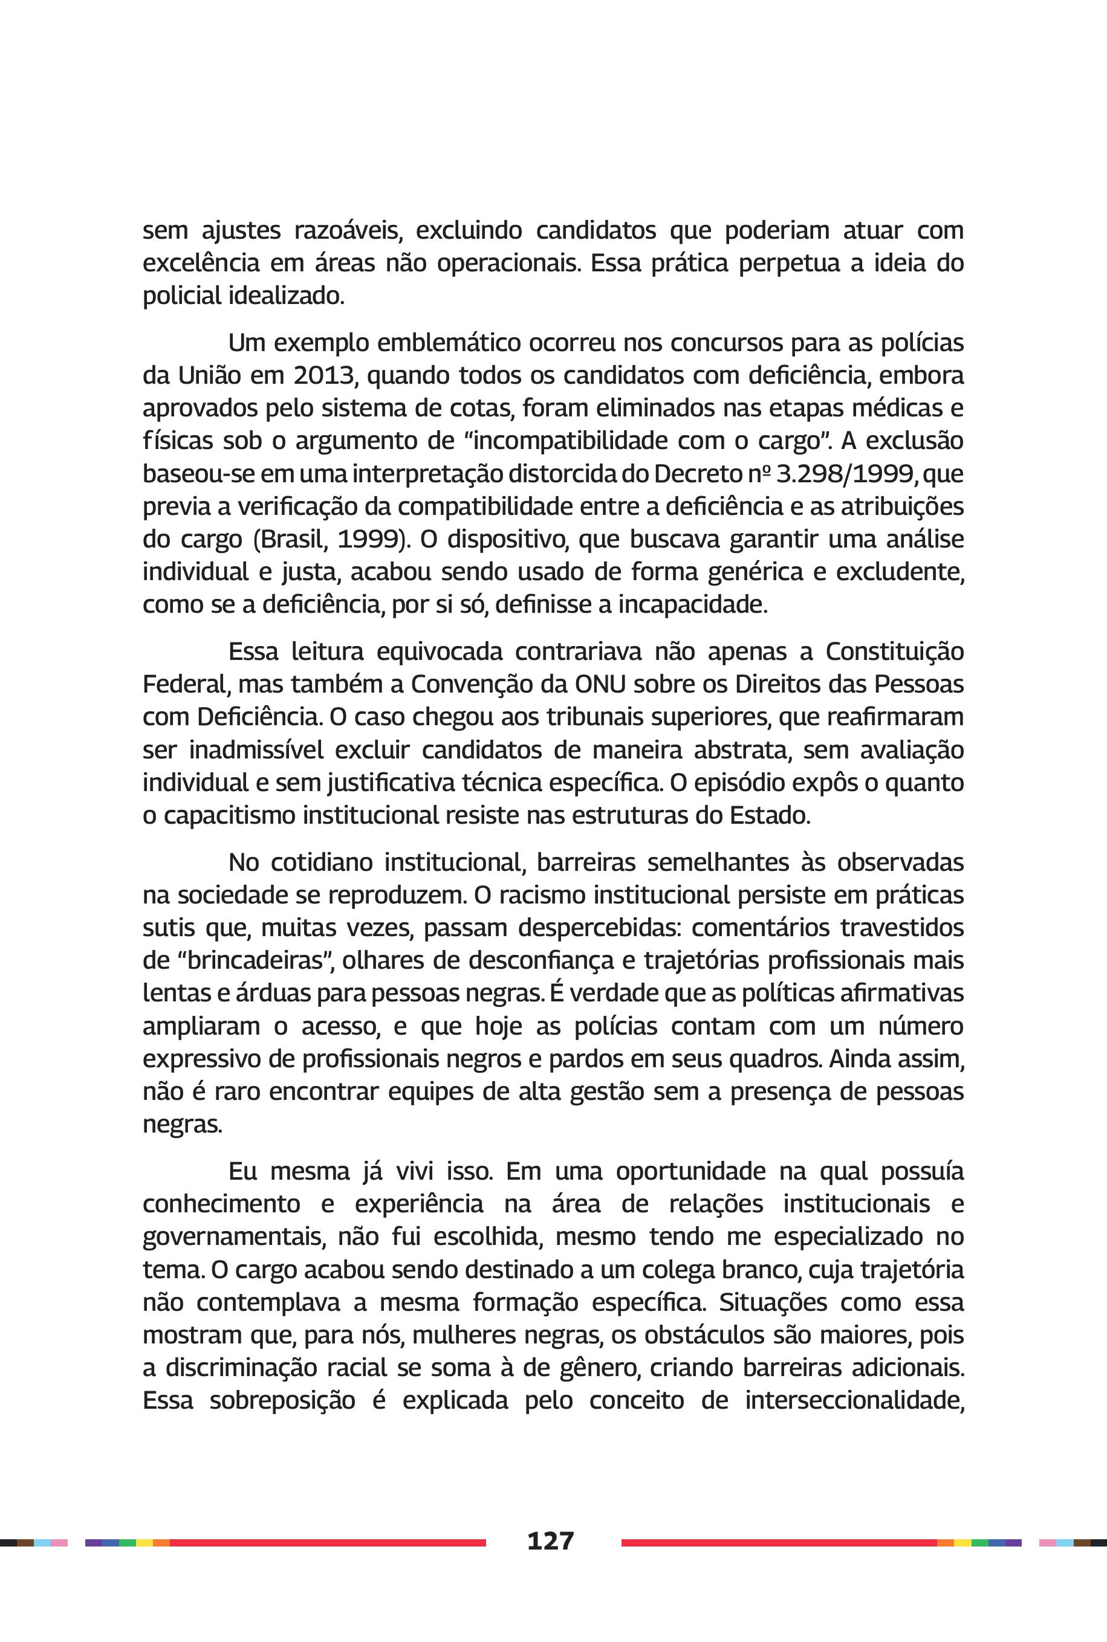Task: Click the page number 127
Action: coord(550,1540)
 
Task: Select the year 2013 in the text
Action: coord(324,375)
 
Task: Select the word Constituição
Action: coord(895,651)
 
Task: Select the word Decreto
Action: coord(699,473)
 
